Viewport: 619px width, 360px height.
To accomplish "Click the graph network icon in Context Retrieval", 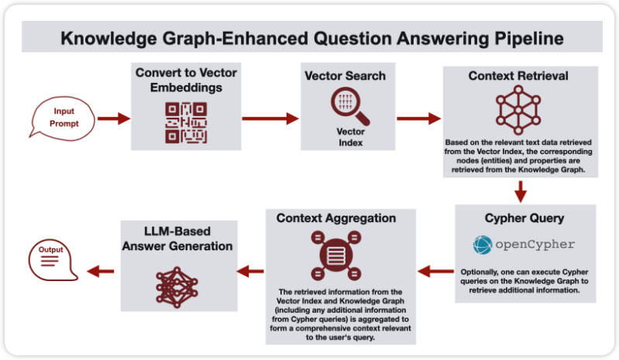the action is tap(520, 109).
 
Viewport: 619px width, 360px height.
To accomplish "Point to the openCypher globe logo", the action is tap(483, 245).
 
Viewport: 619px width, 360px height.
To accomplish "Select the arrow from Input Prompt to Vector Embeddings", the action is tap(112, 119).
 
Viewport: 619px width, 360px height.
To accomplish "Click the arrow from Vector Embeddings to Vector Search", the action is tap(270, 118).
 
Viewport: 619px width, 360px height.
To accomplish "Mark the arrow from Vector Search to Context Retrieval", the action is tap(418, 119).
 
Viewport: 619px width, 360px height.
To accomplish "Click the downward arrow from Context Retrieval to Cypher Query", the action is tap(521, 190).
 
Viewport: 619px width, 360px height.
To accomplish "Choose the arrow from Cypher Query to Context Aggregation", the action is tap(435, 271).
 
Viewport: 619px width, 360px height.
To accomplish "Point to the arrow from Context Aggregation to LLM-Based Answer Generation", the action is tap(253, 271).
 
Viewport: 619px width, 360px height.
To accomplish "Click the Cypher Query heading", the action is tap(524, 218).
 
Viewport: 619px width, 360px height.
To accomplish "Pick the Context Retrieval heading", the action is tap(519, 77).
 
